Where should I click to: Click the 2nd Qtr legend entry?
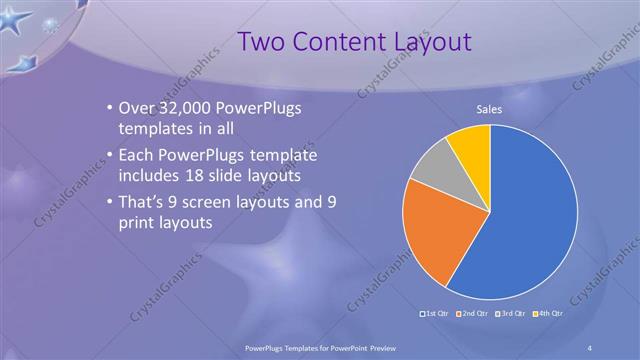coord(473,314)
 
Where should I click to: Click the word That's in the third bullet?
coord(146,203)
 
